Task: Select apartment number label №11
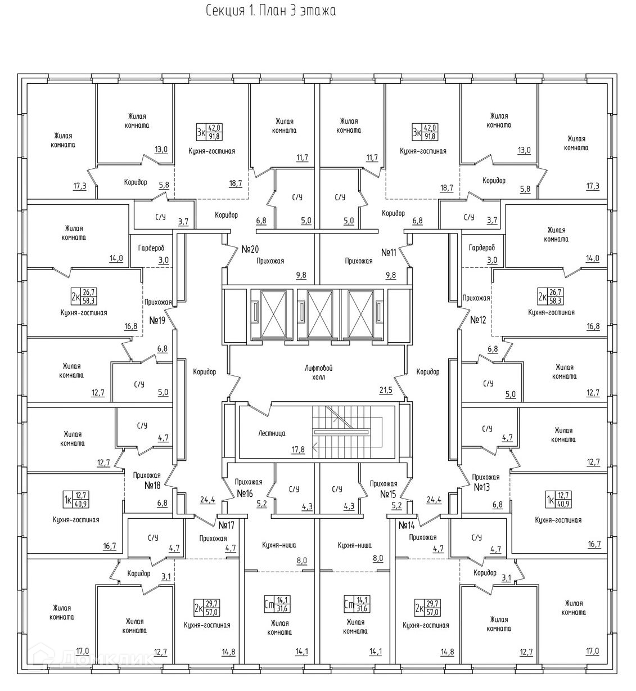(x=389, y=252)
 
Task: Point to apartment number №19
(x=157, y=320)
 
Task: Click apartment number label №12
(x=478, y=320)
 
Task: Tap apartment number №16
(x=245, y=493)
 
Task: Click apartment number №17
(x=226, y=525)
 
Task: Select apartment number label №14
(x=407, y=525)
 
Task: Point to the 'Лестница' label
(x=272, y=433)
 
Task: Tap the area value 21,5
(x=385, y=389)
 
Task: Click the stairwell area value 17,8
(x=298, y=450)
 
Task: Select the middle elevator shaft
(x=318, y=313)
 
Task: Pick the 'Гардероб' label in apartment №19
(x=151, y=248)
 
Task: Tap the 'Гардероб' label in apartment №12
(x=482, y=248)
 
